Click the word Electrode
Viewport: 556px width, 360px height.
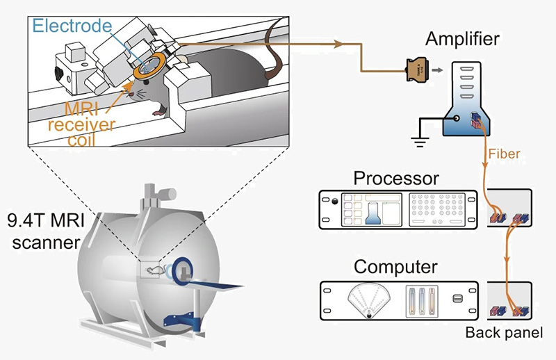[72, 26]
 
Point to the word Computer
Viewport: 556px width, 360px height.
[395, 267]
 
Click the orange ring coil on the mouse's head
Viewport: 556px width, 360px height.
[149, 66]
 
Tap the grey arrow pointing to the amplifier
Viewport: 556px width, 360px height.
[436, 69]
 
